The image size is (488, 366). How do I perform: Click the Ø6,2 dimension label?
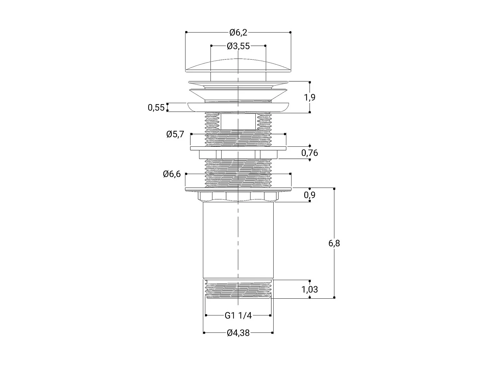pyautogui.click(x=238, y=33)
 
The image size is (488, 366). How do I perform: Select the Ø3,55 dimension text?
pyautogui.click(x=238, y=46)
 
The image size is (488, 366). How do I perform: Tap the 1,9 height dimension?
pyautogui.click(x=309, y=97)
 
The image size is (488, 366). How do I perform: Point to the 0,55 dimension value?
pyautogui.click(x=156, y=108)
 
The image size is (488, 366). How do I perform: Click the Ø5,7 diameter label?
pyautogui.click(x=175, y=134)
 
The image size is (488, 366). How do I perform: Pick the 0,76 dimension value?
pyautogui.click(x=309, y=153)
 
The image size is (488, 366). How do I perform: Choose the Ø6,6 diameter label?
pyautogui.click(x=172, y=174)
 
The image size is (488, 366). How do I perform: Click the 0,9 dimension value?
pyautogui.click(x=309, y=195)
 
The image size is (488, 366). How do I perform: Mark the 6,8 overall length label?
pyautogui.click(x=334, y=243)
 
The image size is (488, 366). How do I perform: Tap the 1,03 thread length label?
pyautogui.click(x=309, y=289)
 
